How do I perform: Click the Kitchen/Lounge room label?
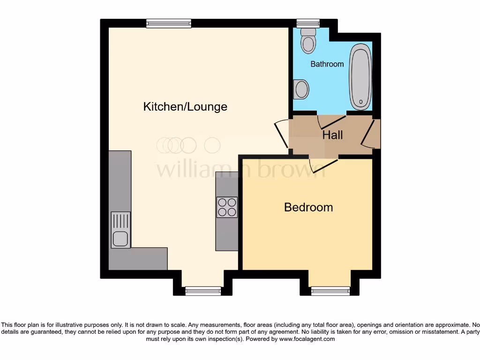point(185,106)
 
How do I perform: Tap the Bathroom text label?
point(327,64)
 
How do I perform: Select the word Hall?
point(332,135)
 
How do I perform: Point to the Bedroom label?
point(308,207)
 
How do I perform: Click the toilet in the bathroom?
point(308,40)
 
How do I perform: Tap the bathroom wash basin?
point(301,89)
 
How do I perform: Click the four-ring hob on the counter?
point(227,207)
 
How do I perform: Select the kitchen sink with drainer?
point(120,230)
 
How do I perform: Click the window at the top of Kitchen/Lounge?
point(168,23)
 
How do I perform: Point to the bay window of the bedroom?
point(330,291)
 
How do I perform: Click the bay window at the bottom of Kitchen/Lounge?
point(203,291)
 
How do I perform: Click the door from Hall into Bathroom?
point(331,121)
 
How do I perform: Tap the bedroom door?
point(323,164)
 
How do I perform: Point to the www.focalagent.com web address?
point(307,339)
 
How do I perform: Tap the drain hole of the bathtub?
point(360,101)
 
